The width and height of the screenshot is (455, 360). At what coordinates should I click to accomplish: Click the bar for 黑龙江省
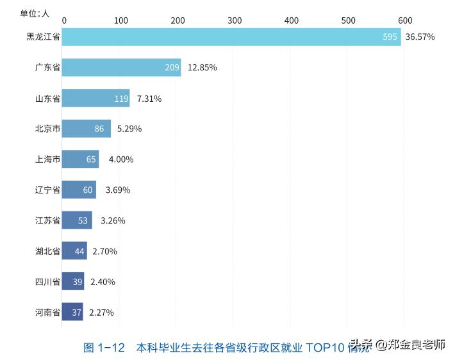coord(231,37)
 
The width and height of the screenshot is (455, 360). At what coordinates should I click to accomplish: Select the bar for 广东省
coord(121,67)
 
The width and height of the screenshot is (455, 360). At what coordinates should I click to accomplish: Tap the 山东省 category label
coord(47,99)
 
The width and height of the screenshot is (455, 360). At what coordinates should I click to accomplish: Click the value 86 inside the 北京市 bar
coord(99,129)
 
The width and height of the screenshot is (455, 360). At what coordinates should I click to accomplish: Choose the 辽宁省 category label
coord(47,190)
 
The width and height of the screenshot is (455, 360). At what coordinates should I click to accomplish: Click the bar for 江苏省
coord(77,220)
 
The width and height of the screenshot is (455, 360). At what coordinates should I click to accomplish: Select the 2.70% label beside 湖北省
coord(104,252)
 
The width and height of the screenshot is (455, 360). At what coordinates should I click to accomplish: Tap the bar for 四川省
coord(73,282)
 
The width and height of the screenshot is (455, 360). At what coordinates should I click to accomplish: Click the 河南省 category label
coord(47,313)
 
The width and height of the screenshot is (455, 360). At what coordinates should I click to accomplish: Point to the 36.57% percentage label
coord(420,37)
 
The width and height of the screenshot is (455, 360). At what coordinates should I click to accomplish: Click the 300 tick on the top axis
coord(235,20)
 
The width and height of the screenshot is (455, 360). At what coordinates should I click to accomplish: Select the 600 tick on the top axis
coord(405,20)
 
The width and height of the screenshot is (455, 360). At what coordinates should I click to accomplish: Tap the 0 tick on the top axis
coord(63,20)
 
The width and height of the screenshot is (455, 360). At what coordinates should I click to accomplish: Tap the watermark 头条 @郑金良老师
coord(397,345)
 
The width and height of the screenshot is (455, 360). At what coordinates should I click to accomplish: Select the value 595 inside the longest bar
coord(390,37)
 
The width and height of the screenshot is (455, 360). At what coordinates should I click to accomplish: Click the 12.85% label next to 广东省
coord(202,68)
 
